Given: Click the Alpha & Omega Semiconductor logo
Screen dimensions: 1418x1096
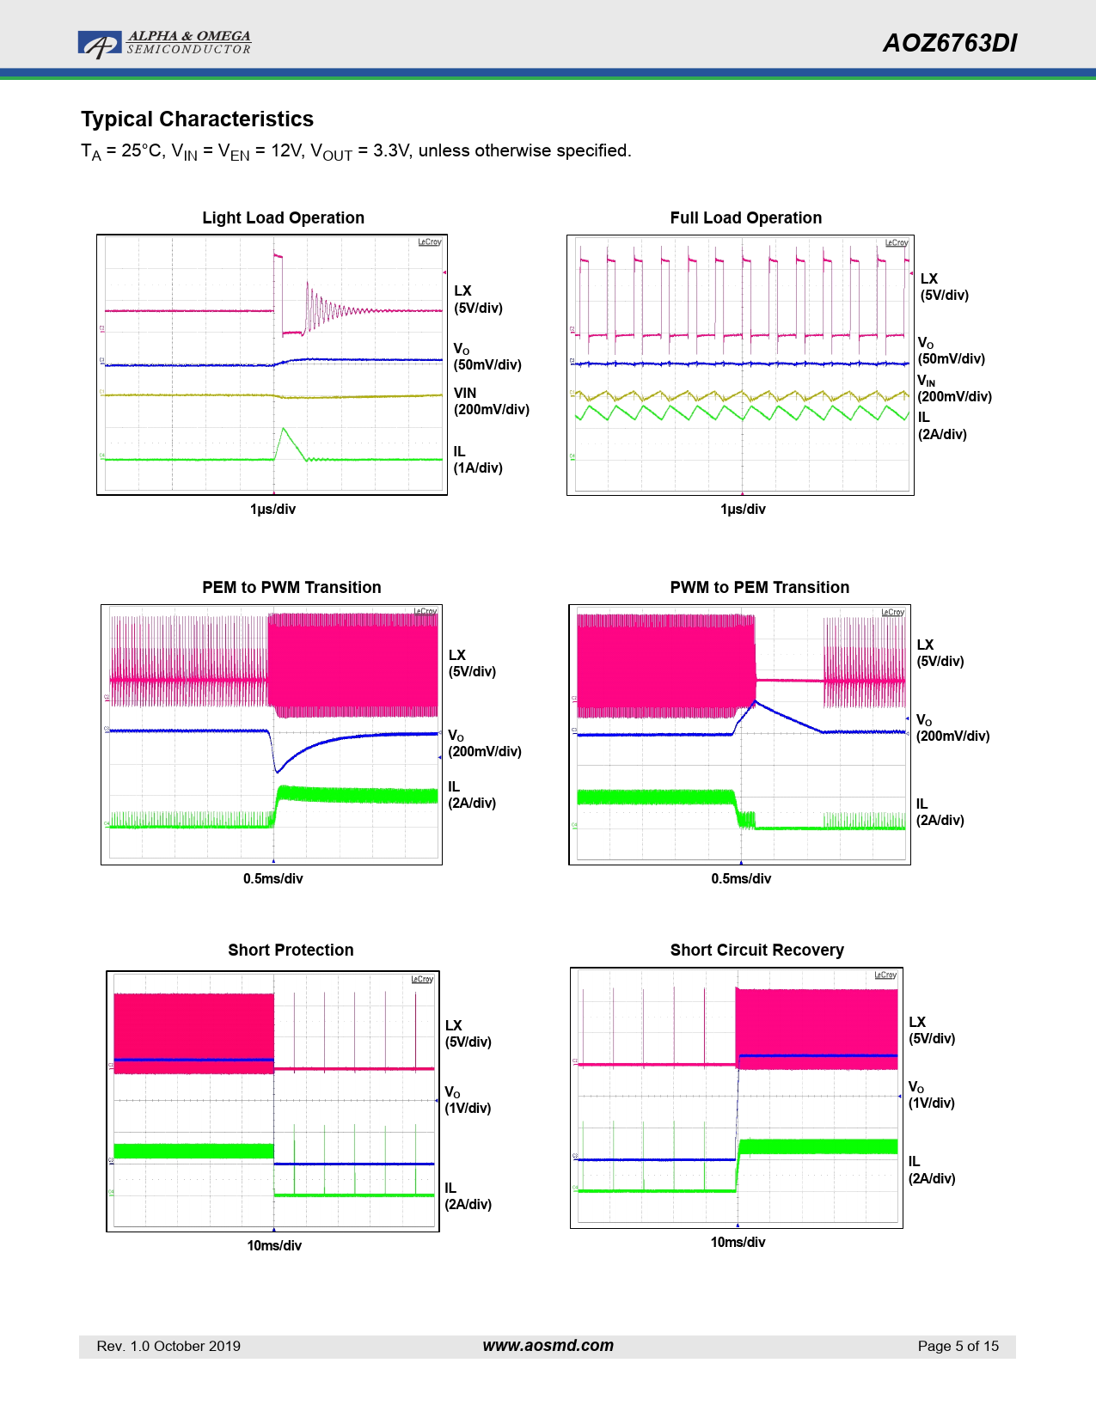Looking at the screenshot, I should click(163, 43).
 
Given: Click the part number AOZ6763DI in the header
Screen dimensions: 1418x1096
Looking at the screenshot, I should click(949, 43).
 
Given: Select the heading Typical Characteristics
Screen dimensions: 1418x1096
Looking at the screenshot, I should click(197, 119).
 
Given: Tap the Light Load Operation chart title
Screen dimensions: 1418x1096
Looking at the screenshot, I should click(283, 218).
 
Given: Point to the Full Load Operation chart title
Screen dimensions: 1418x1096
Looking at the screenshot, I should click(745, 218).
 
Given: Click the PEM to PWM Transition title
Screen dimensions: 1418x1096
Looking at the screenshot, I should click(291, 588).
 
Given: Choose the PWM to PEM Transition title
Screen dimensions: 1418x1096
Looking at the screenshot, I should click(759, 588).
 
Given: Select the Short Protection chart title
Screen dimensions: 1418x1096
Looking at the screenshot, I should click(291, 950).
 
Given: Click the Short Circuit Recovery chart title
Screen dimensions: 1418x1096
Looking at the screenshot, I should click(756, 950).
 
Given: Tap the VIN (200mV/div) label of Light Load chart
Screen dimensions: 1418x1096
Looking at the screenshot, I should click(491, 401).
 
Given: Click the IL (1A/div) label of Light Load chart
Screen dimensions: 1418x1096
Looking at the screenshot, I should click(477, 460).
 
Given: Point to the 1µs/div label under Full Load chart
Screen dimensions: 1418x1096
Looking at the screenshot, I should click(743, 510).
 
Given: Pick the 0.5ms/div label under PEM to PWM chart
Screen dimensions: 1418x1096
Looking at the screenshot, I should click(272, 879).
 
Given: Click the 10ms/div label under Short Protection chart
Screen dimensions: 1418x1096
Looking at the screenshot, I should click(274, 1246).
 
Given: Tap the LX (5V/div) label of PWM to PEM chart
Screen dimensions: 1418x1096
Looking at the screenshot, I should click(940, 653).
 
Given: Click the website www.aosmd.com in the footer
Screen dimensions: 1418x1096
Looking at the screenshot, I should click(548, 1346).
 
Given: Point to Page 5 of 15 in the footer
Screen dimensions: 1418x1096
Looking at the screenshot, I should click(958, 1347).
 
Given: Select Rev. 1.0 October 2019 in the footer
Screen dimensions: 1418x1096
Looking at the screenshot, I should click(168, 1347).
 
